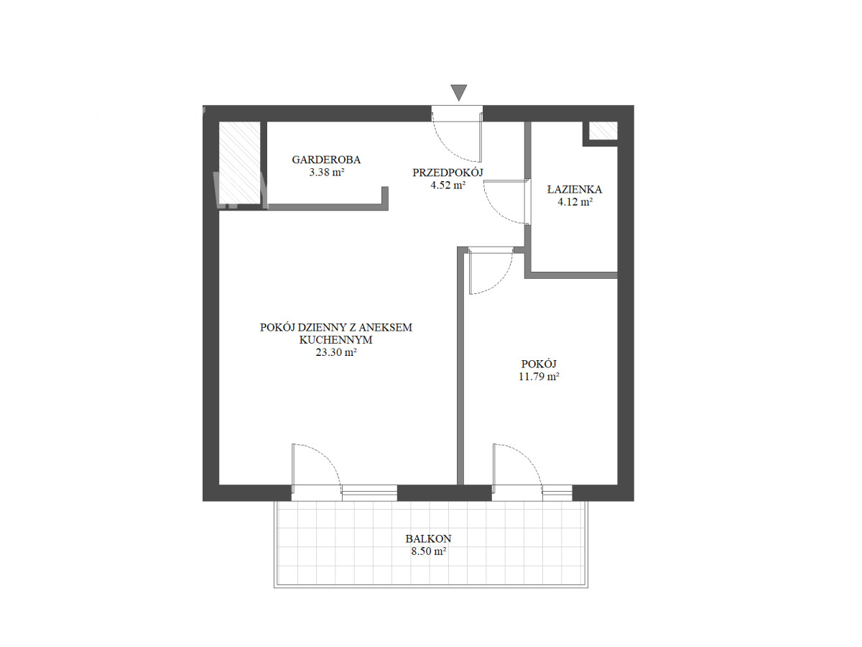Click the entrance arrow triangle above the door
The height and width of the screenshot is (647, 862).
coord(458,93)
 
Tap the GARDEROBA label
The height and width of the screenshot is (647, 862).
coord(326,160)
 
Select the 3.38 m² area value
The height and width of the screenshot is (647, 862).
coord(326,173)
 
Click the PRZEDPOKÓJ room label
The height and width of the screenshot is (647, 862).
coord(448,173)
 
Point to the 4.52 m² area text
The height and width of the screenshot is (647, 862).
coord(448,185)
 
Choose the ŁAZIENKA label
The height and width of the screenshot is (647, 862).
coord(575,189)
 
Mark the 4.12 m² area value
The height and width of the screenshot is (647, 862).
coord(575,202)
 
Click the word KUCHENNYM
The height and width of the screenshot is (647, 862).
coord(335,340)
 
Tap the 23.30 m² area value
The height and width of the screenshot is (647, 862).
coord(336,352)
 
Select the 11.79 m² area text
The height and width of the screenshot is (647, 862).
coord(539,376)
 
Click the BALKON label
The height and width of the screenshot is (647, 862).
coord(428,538)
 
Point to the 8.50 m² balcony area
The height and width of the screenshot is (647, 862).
coord(428,551)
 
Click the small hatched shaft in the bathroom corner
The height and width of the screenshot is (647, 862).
coord(603,130)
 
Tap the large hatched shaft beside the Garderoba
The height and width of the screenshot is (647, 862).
coord(239,162)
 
